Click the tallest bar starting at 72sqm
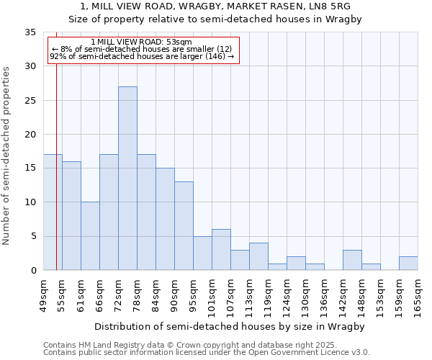127,179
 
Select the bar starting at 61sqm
90,236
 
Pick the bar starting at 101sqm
221,250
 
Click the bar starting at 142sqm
352,260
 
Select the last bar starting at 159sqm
408,264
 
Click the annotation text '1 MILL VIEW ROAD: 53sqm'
142,42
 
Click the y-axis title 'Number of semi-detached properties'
6,156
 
